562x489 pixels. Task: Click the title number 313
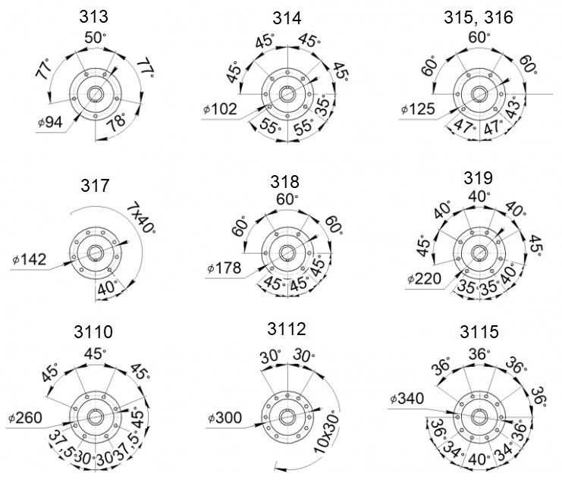coord(93,17)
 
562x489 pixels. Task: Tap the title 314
coord(287,18)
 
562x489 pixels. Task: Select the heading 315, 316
coord(479,17)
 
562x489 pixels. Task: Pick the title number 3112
coord(287,329)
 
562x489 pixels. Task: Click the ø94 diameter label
coord(50,122)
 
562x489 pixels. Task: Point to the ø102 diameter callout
coord(220,109)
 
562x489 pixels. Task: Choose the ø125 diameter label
coord(418,109)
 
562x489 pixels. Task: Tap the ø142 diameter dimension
coord(30,259)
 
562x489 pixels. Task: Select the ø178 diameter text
coord(224,268)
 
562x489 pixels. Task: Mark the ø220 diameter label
coord(425,278)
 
